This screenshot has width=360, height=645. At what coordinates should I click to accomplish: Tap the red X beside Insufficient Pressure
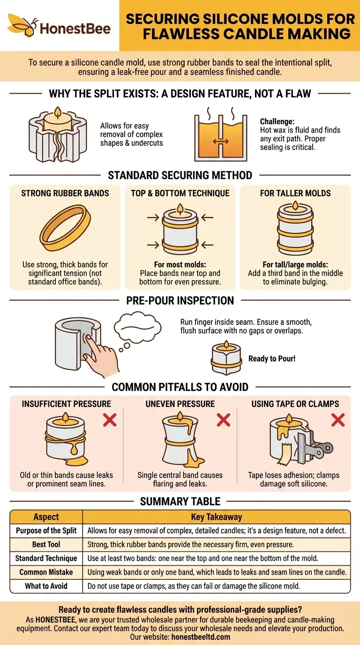(x=110, y=420)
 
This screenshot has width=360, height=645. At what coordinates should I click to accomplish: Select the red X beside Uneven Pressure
(x=223, y=420)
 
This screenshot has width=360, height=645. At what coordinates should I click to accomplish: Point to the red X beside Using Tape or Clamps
(x=337, y=420)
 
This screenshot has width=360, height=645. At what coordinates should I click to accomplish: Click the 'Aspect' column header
(x=46, y=517)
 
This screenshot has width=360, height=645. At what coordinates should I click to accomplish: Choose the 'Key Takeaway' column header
(x=216, y=517)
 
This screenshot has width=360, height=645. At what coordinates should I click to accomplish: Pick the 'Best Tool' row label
(x=46, y=545)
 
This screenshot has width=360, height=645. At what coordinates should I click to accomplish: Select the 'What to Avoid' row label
(x=46, y=586)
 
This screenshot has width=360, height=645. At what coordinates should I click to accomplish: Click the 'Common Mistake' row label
(x=46, y=572)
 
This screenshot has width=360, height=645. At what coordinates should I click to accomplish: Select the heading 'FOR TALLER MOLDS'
(x=295, y=193)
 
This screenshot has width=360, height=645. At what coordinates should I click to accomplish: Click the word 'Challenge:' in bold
(x=277, y=121)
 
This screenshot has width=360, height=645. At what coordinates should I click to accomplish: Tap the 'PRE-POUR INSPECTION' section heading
(x=180, y=300)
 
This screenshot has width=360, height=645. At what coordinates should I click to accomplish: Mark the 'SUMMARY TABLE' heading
(x=180, y=502)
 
